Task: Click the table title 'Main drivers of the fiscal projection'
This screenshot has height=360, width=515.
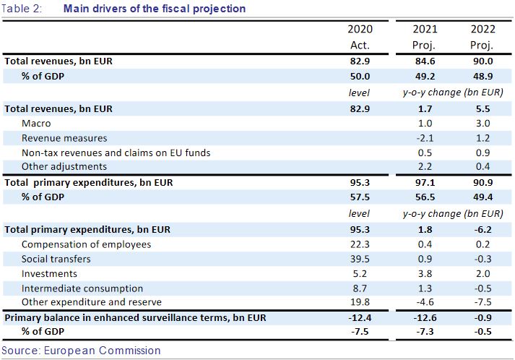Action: click(x=154, y=9)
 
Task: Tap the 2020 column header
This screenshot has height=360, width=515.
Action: click(x=359, y=30)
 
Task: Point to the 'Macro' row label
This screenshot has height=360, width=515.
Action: click(x=36, y=124)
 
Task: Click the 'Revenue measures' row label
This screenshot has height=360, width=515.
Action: click(x=64, y=138)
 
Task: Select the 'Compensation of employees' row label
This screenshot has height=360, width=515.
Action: click(x=86, y=244)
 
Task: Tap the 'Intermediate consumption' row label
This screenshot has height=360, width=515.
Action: click(x=82, y=288)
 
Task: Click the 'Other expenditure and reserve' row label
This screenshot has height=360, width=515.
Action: click(x=92, y=302)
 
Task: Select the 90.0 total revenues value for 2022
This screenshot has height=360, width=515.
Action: click(x=482, y=61)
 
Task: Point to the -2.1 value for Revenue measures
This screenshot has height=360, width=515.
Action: click(x=424, y=138)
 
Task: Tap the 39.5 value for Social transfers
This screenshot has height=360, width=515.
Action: click(x=359, y=259)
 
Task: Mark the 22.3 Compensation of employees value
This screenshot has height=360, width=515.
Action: click(x=359, y=244)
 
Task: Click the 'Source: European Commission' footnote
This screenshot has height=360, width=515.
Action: click(x=81, y=351)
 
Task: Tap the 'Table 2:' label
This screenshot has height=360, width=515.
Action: click(x=22, y=9)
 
